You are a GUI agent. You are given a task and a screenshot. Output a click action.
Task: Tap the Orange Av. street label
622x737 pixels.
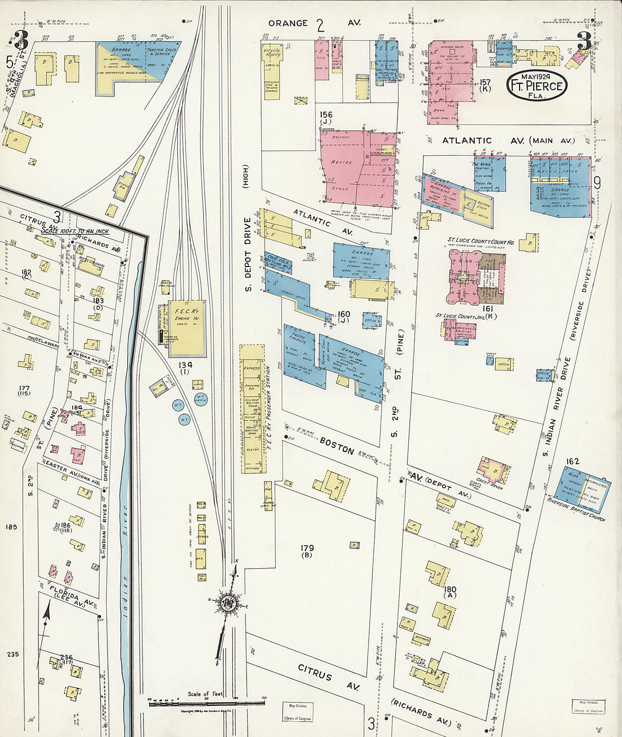coord(314,23)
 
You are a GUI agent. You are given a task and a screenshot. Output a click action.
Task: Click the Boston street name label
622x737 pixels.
coord(337,446)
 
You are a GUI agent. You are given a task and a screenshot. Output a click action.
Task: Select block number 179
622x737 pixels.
coord(307,548)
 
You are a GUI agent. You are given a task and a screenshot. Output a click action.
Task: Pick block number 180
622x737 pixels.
coord(450,590)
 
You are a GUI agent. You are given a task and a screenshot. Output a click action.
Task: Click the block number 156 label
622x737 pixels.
coord(326,115)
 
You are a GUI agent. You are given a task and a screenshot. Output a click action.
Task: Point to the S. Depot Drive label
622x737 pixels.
coord(247,254)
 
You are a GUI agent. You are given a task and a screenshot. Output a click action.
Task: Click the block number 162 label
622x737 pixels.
coord(573,461)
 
